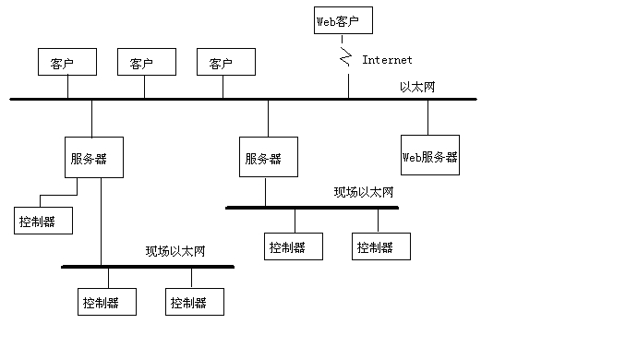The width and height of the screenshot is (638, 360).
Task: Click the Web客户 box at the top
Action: tap(343, 20)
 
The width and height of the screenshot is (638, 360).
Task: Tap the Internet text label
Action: tap(387, 60)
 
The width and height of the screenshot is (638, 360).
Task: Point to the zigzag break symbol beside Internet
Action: tap(346, 60)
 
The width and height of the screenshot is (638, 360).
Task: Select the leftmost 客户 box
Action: tap(67, 63)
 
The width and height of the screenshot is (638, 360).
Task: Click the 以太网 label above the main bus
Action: tap(417, 86)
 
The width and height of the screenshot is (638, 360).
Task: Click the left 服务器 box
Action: tap(93, 158)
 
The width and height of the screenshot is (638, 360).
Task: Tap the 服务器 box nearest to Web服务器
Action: tap(268, 158)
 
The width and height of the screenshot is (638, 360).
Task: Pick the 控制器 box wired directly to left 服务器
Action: tap(42, 222)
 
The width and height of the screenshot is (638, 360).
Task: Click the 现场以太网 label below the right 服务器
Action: tap(364, 193)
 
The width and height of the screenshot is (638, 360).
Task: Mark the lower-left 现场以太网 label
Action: tap(175, 251)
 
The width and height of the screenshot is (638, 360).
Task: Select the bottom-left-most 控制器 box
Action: tap(106, 302)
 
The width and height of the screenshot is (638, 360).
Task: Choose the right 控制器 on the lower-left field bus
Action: tap(194, 302)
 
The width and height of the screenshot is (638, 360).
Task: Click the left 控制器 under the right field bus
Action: tap(293, 246)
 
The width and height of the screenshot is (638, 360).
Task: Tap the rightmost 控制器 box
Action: tap(380, 246)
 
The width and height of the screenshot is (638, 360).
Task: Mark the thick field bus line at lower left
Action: tap(148, 267)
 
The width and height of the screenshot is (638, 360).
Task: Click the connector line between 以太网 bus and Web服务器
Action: tap(427, 116)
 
